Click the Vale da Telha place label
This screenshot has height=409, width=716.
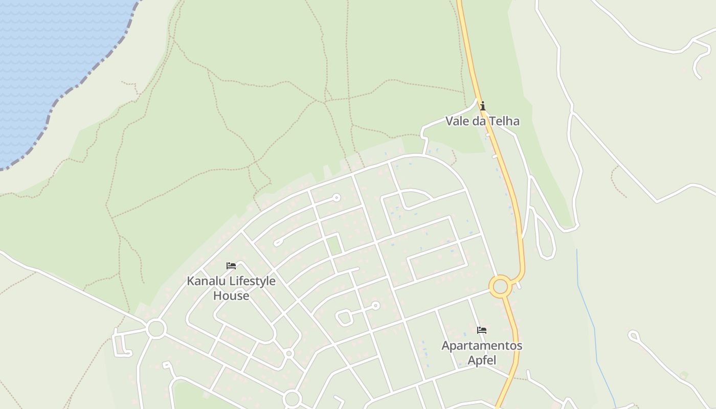[482, 121]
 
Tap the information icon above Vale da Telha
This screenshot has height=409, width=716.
[482, 106]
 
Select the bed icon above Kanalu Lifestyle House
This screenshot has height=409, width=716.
[231, 266]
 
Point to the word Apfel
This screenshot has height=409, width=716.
[482, 360]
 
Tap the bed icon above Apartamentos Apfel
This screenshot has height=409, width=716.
[481, 330]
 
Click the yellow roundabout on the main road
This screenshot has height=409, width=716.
[500, 286]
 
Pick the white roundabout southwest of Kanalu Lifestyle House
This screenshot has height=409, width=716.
[156, 329]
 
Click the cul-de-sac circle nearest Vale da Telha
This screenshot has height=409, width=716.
[337, 197]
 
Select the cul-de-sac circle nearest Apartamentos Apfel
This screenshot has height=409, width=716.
[376, 306]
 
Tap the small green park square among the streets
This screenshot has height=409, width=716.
[334, 244]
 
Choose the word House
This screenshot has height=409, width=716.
[231, 296]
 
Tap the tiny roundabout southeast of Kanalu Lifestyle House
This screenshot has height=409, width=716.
[289, 353]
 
